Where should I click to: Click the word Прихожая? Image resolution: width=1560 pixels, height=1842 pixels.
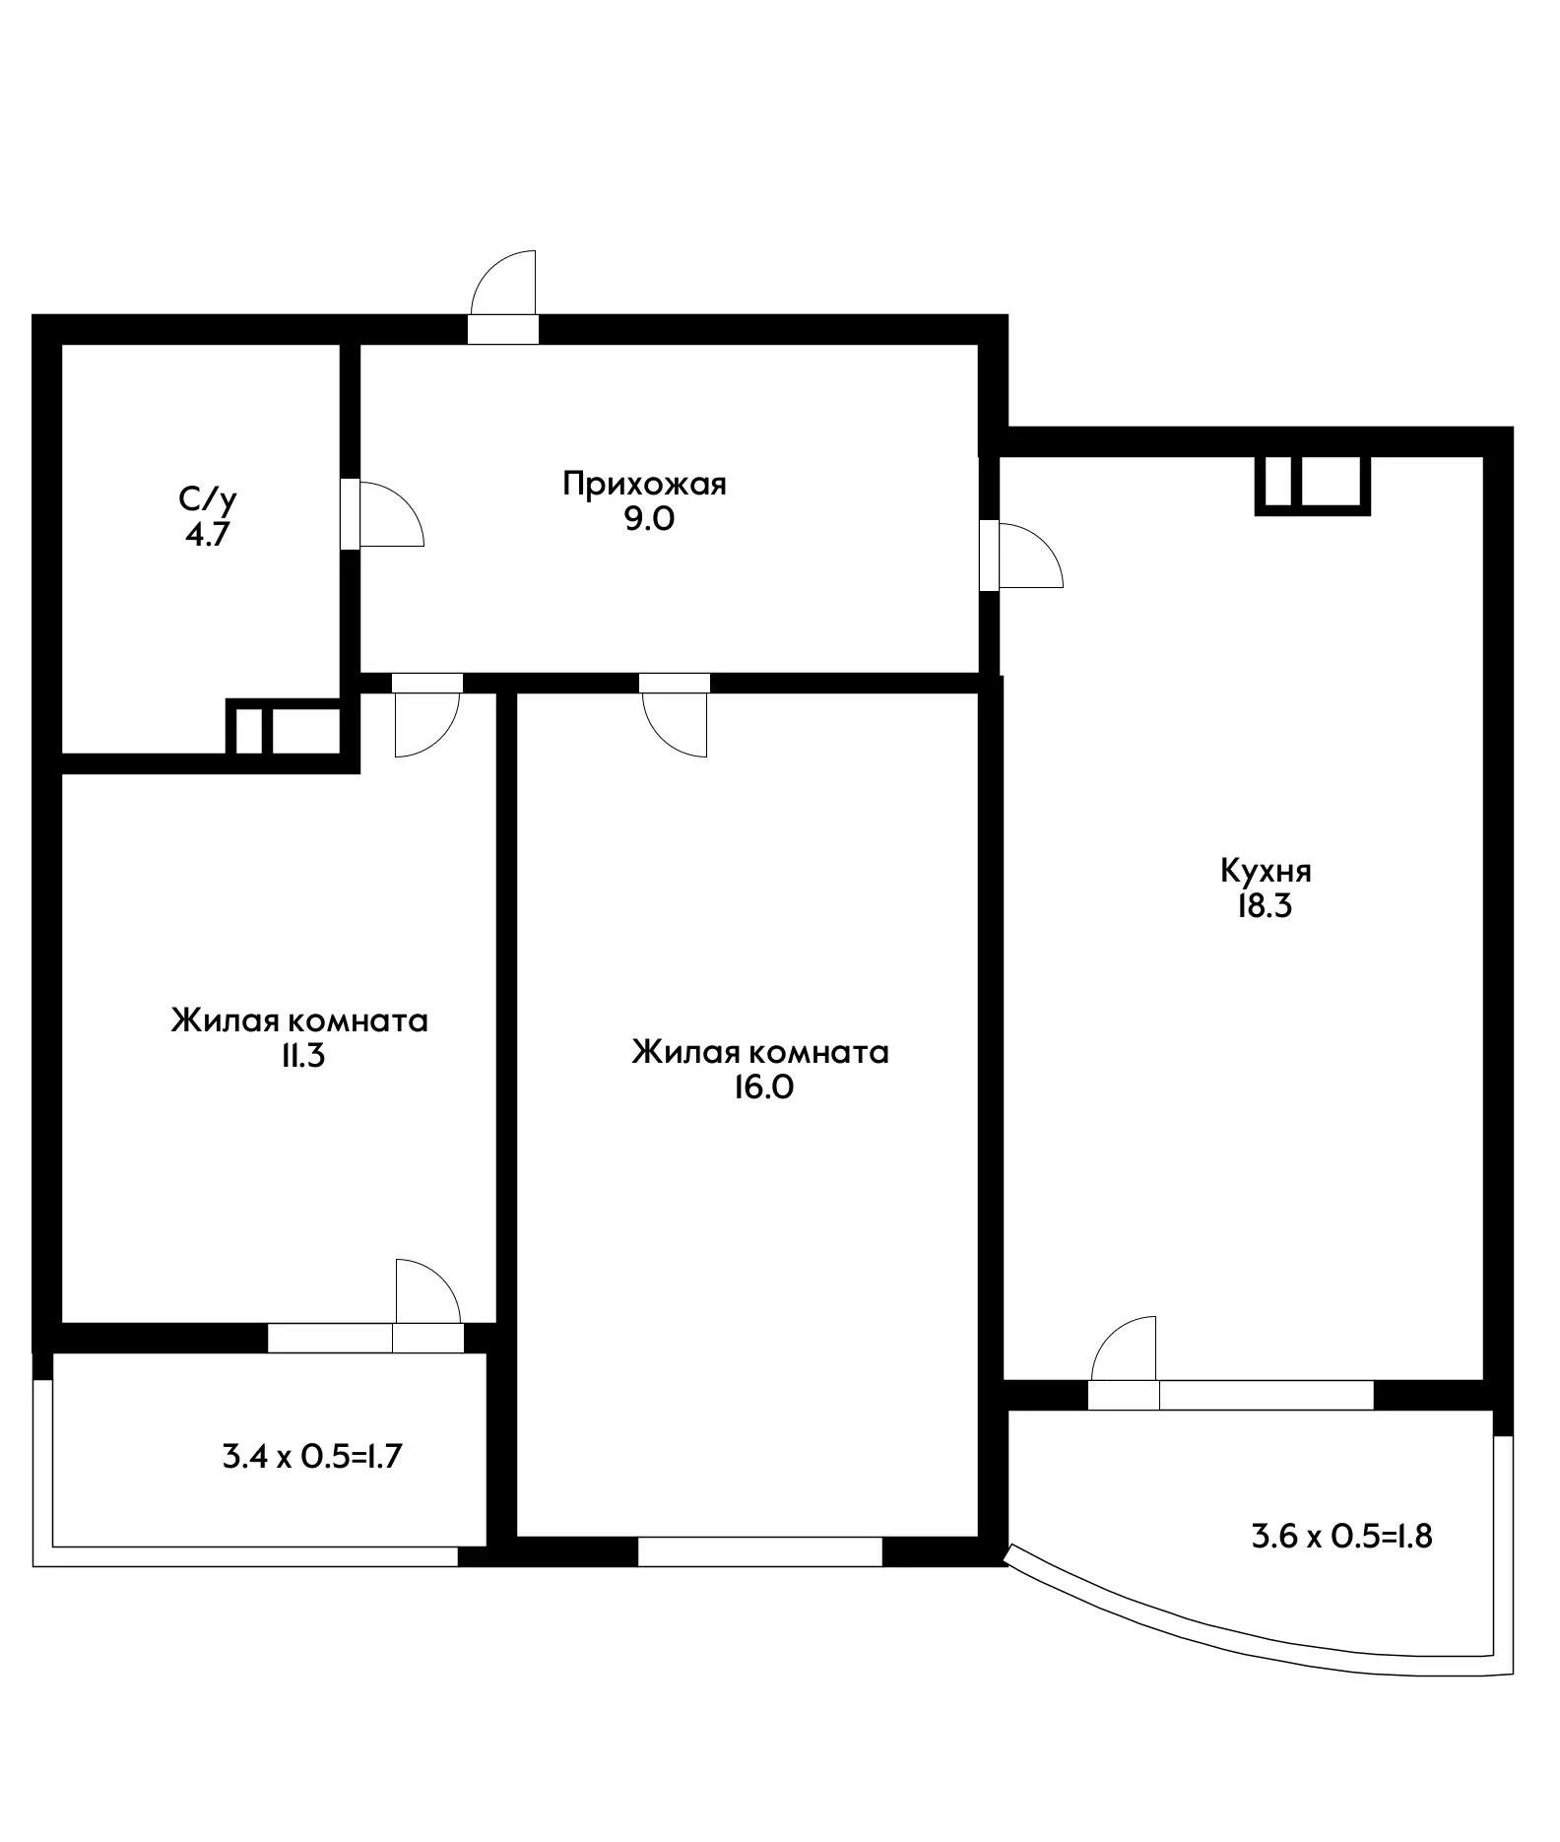point(644,484)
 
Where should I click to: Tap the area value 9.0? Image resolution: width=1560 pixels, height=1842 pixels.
point(649,519)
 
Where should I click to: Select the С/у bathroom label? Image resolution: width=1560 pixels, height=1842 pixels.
point(208,499)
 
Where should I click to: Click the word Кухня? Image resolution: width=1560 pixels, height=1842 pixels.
point(1266,871)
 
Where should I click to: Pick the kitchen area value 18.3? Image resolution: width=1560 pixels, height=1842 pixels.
point(1265,906)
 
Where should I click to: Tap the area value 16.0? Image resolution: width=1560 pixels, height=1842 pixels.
point(761,1088)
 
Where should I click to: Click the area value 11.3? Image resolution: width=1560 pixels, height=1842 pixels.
point(301,1057)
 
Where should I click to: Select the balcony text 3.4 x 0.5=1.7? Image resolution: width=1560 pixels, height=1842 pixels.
point(313,1456)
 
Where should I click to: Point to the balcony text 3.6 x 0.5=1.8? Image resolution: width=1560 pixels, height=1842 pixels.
point(1341,1536)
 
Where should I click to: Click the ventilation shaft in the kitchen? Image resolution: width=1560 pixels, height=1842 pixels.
point(1312,485)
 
